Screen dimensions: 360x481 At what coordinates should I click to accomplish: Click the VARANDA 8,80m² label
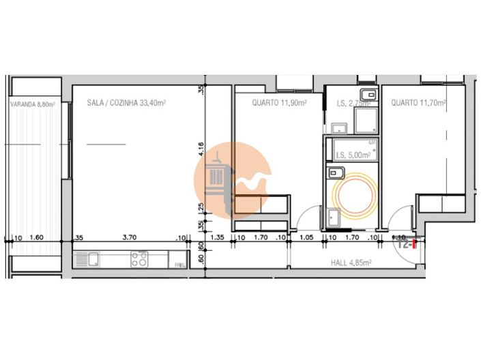click(x=32, y=104)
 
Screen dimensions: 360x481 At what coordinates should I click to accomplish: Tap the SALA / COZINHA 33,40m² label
click(x=127, y=103)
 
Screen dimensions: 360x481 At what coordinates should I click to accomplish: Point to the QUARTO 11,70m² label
click(x=418, y=103)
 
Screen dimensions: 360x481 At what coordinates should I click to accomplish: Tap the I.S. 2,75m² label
click(x=354, y=104)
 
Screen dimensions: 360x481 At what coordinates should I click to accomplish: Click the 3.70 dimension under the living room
click(x=129, y=238)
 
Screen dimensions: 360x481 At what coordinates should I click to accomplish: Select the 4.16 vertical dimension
click(x=201, y=148)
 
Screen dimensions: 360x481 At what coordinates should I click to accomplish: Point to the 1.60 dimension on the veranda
click(x=38, y=238)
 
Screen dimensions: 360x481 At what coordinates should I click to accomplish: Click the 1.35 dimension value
click(x=218, y=238)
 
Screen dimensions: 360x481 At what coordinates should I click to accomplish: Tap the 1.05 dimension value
click(x=306, y=238)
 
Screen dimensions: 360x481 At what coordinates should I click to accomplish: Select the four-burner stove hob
click(x=141, y=258)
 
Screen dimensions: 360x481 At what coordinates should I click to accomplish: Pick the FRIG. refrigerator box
click(x=180, y=262)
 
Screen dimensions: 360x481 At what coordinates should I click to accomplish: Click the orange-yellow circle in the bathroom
click(x=353, y=195)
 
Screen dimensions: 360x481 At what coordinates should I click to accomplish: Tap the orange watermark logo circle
click(x=233, y=179)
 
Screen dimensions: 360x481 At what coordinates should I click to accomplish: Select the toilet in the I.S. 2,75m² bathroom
click(x=367, y=93)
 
